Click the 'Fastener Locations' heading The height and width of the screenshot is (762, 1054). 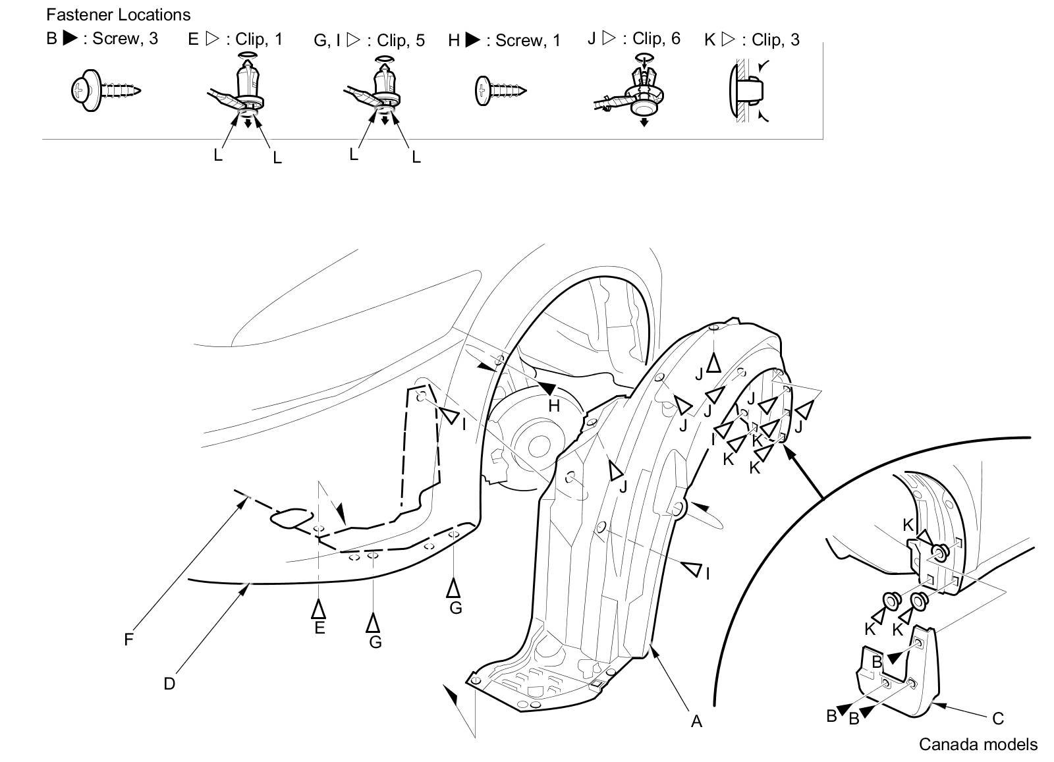tap(118, 14)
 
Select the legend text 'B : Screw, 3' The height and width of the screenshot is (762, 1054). tap(102, 38)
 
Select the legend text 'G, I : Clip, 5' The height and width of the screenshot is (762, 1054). tap(369, 40)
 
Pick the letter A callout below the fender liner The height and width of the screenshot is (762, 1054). tap(696, 721)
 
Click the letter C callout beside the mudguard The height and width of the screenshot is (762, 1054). tap(997, 718)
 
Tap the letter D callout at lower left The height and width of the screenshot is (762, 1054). tap(169, 684)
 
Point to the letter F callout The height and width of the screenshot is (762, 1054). tap(128, 638)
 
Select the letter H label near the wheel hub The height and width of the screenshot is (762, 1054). tap(554, 406)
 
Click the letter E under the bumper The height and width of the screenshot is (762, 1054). tap(319, 628)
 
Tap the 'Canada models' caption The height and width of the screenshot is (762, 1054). tap(978, 744)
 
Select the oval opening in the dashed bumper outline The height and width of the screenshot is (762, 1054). tap(291, 518)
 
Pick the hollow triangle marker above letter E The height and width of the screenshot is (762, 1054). tap(319, 609)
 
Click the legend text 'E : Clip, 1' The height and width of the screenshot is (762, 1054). tap(235, 39)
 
